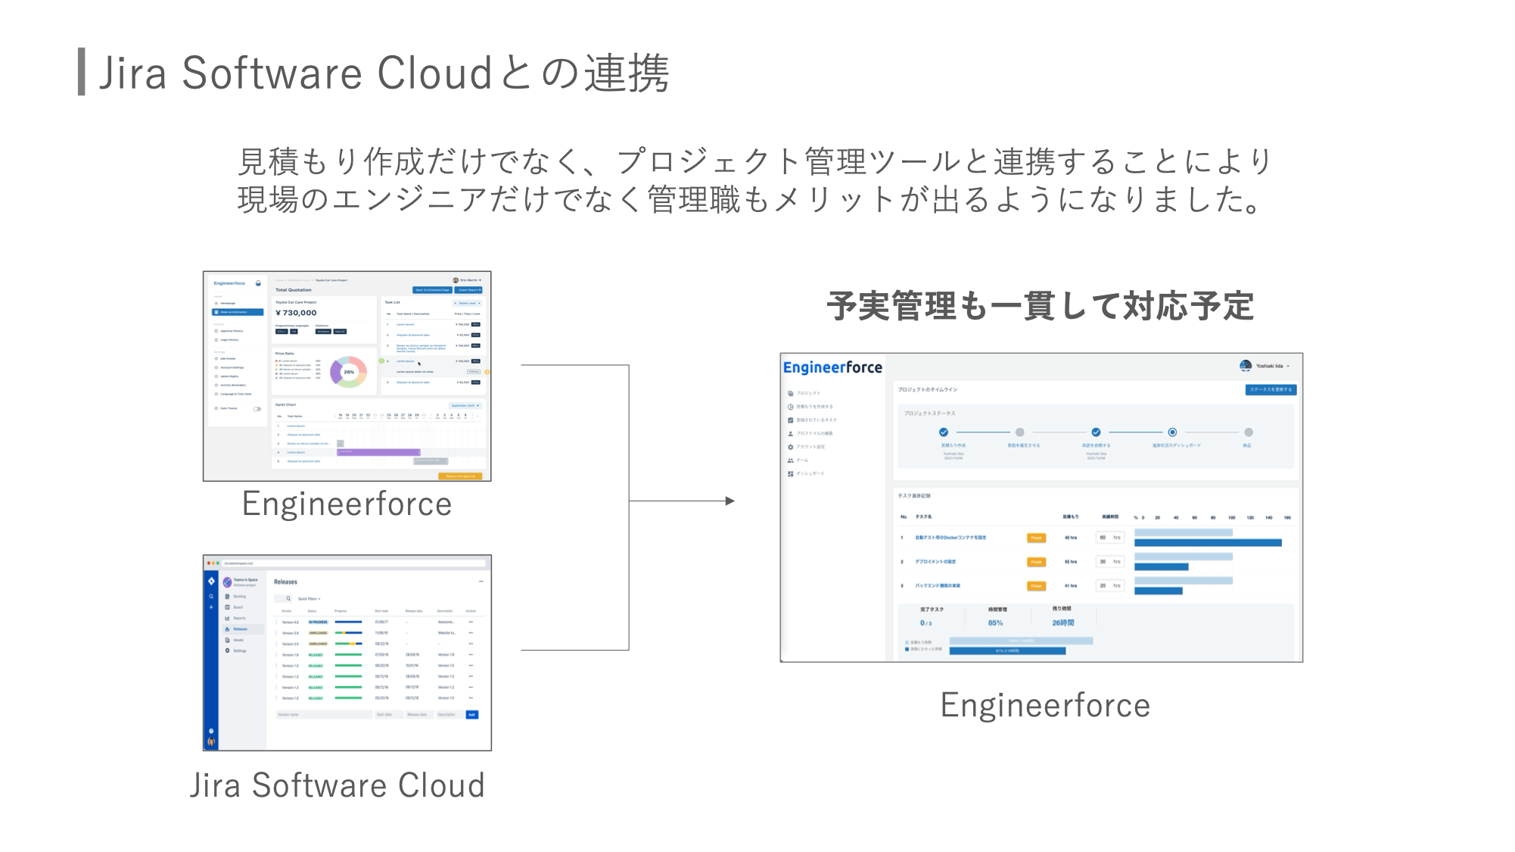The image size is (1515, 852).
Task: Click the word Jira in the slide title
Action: coord(132,73)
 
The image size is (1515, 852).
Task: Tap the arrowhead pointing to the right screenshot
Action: coord(730,501)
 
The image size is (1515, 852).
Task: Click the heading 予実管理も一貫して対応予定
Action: coord(1041,306)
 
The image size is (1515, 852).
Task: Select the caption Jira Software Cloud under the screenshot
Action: coord(337,785)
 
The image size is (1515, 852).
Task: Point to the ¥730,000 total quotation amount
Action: coord(296,313)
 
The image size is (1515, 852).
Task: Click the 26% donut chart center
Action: coord(349,372)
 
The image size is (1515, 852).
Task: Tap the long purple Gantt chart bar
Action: coord(378,452)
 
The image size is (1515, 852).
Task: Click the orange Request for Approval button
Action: coord(460,476)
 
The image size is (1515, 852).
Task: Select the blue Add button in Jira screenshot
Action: coord(471,714)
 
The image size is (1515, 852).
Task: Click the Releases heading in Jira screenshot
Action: coord(285,582)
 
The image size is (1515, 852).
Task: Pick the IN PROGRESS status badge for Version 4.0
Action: coord(318,622)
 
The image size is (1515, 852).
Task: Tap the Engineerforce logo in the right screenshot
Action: coord(832,367)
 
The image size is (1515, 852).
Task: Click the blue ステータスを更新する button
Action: coord(1271,389)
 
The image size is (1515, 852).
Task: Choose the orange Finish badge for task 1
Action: coord(1036,538)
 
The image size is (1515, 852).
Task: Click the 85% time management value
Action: coord(995,623)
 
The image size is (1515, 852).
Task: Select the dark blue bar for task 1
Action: coord(1208,543)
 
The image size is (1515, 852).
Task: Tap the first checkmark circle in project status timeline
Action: coord(944,432)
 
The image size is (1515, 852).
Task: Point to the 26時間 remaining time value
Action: coord(1062,623)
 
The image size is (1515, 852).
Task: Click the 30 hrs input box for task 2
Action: coord(1109,562)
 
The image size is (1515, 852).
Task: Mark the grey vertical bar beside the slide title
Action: coord(81,72)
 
